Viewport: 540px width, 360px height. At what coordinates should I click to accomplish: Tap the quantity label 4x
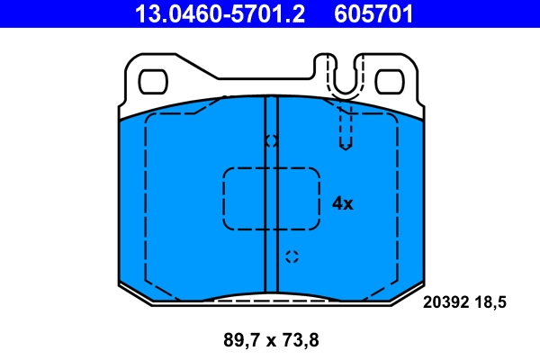pyautogui.click(x=343, y=203)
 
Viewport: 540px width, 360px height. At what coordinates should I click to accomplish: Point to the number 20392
pyautogui.click(x=446, y=304)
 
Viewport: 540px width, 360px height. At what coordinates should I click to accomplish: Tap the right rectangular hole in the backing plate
pyautogui.click(x=388, y=81)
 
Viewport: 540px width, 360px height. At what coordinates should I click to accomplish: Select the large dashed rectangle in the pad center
pyautogui.click(x=271, y=199)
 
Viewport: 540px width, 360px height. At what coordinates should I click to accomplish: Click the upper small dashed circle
pyautogui.click(x=271, y=141)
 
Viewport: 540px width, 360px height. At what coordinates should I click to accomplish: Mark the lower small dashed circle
pyautogui.click(x=291, y=256)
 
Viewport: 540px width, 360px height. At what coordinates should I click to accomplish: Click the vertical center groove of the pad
pyautogui.click(x=271, y=225)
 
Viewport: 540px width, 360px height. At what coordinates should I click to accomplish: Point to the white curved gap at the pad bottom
pyautogui.click(x=271, y=297)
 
